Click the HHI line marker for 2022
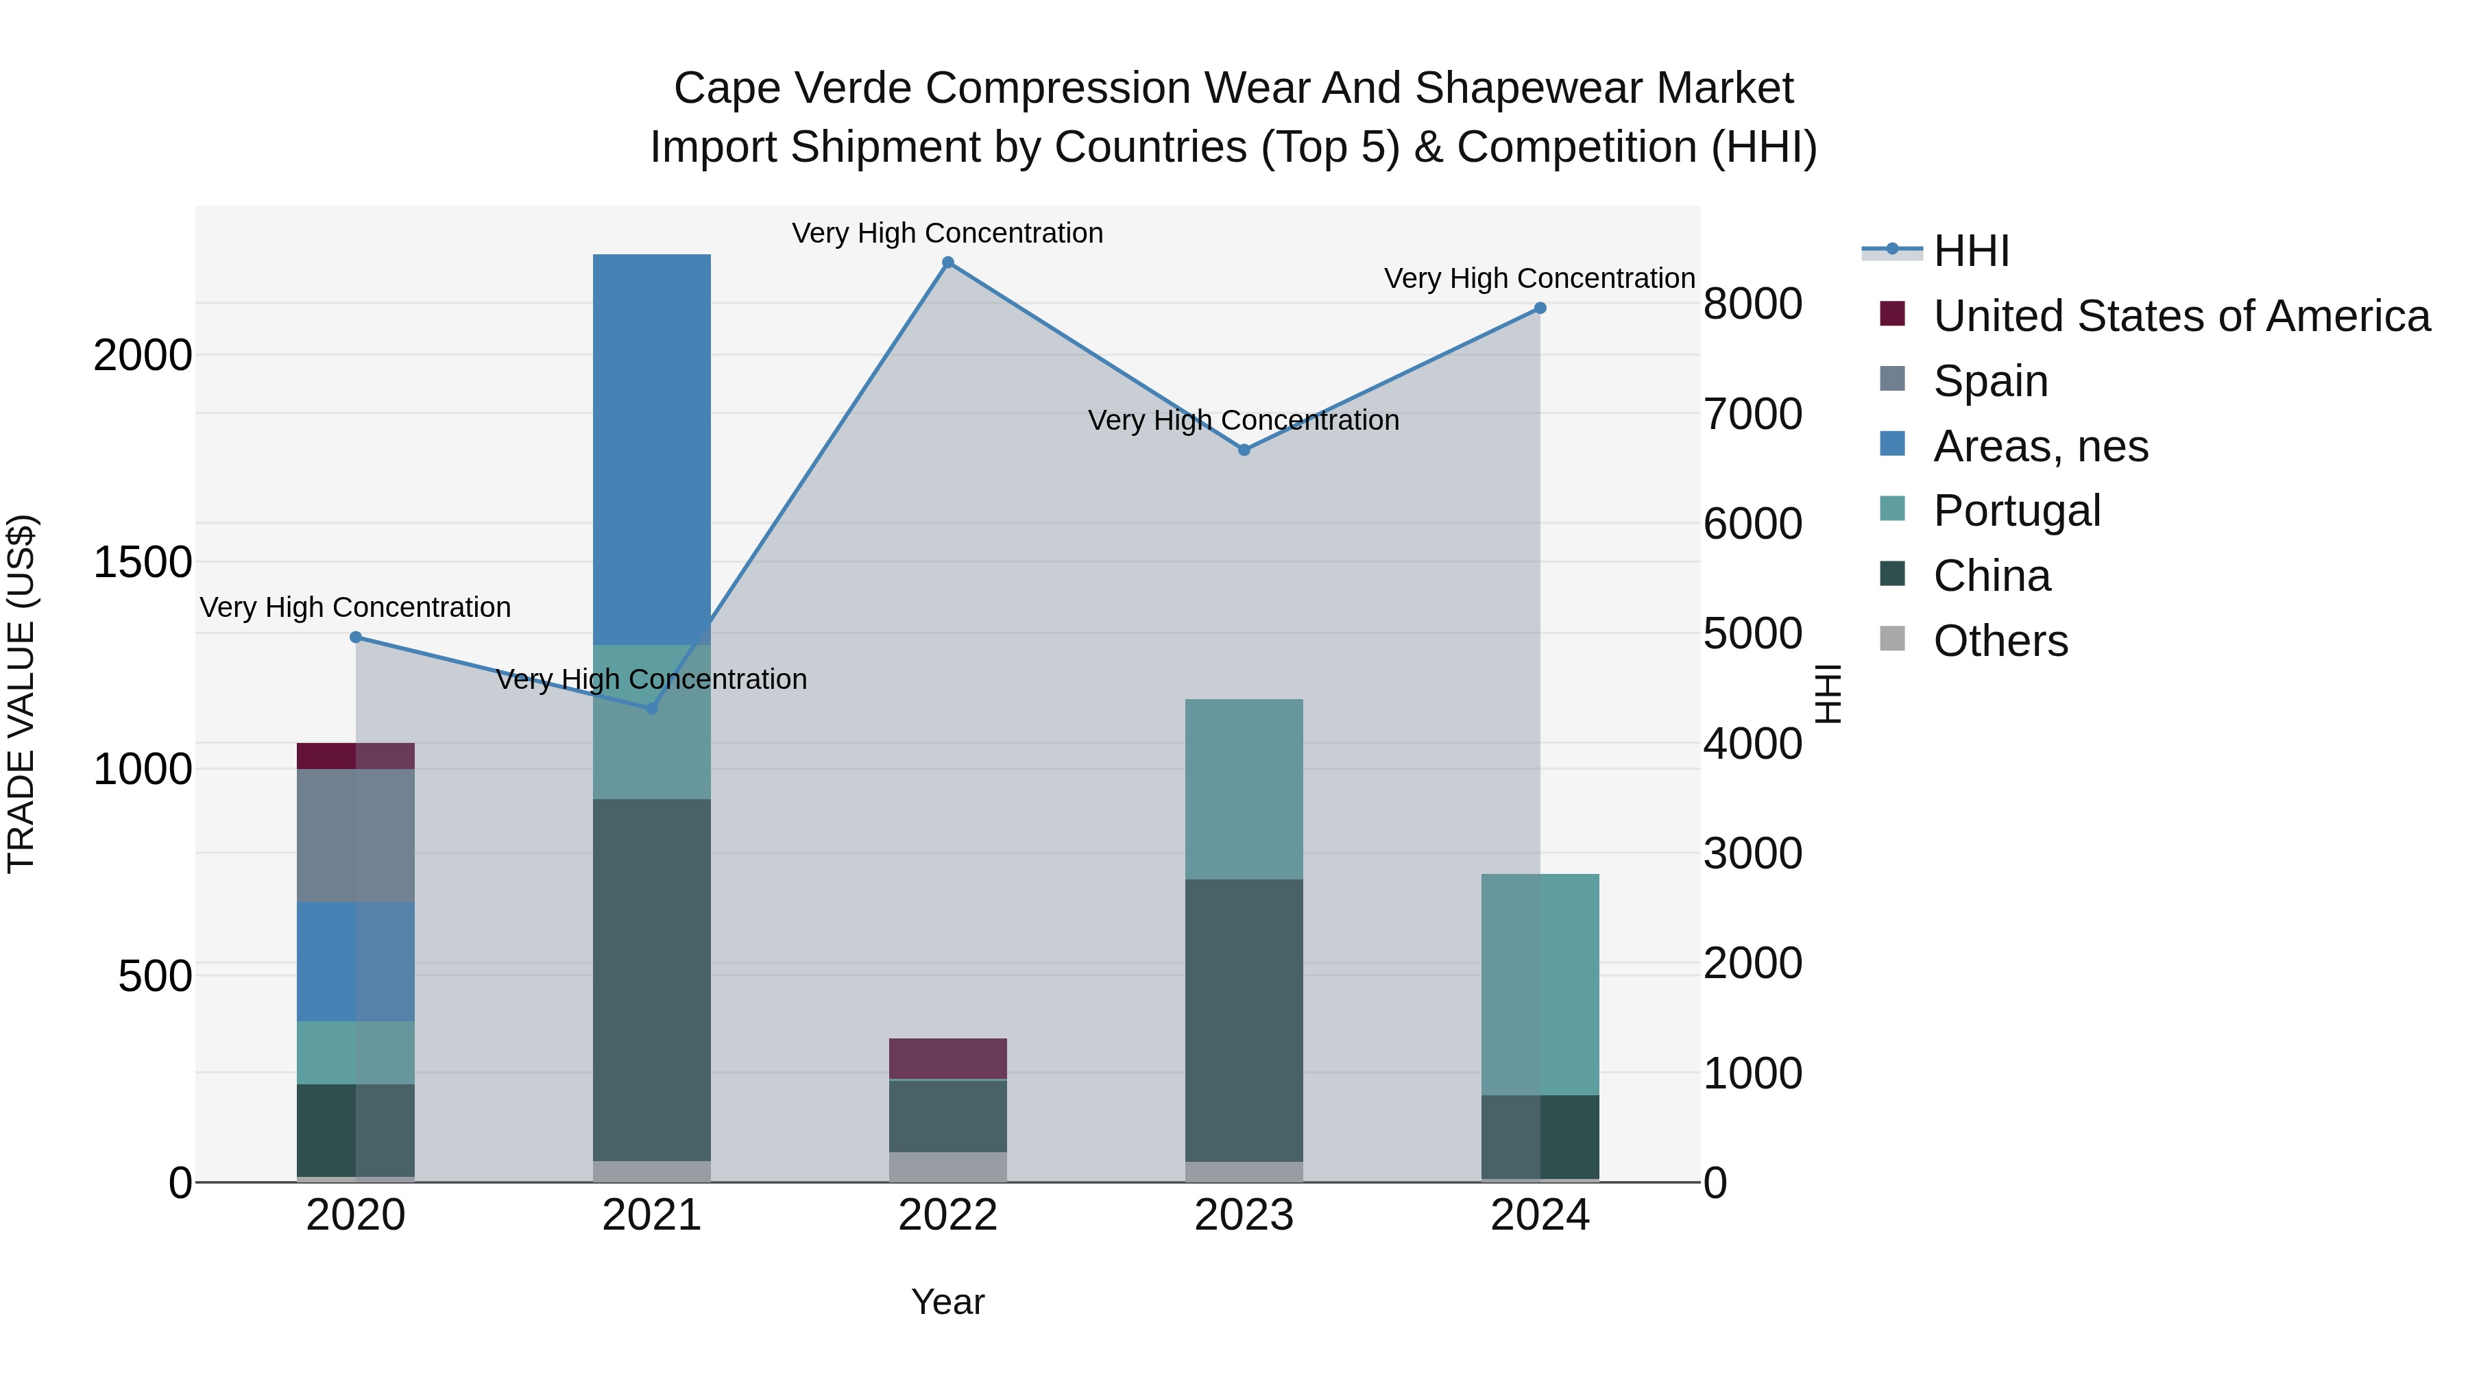point(947,263)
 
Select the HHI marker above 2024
point(1540,308)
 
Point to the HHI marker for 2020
point(355,637)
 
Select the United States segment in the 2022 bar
point(947,1058)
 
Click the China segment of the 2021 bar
point(651,979)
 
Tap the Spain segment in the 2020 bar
point(355,834)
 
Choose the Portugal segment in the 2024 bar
point(1540,984)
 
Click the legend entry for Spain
point(1990,381)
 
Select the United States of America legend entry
point(2181,316)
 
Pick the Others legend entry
point(2000,641)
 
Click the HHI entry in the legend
point(1971,251)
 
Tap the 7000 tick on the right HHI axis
point(1752,414)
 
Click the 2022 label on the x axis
point(947,1215)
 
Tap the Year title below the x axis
point(947,1302)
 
